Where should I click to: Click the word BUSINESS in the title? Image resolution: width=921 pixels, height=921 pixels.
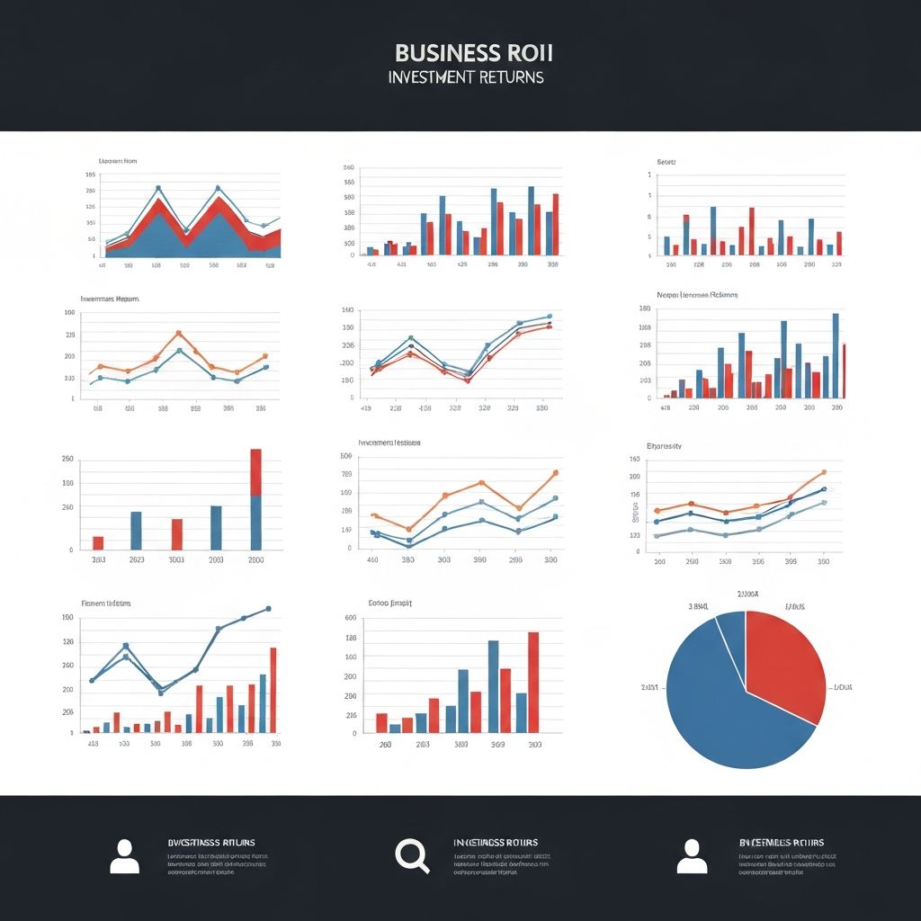435,52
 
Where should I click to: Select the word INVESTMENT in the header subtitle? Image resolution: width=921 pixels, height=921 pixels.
430,77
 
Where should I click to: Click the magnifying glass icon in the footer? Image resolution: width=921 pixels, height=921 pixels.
412,855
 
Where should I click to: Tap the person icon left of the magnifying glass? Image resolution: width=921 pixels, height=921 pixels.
125,856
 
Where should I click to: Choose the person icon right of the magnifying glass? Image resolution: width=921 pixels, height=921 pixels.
692,856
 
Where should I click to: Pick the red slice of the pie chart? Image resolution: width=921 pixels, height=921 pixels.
782,661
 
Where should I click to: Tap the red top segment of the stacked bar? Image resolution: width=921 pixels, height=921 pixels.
256,471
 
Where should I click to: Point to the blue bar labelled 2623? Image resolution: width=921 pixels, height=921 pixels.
137,530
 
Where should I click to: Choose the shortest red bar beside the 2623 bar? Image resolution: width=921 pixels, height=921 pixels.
98,542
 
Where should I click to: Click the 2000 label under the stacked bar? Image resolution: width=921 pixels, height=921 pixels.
255,559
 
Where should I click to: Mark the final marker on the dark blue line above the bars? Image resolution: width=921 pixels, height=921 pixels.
268,609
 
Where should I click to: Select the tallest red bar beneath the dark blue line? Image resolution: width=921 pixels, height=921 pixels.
273,690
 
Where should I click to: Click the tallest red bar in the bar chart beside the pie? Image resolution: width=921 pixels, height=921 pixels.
532,682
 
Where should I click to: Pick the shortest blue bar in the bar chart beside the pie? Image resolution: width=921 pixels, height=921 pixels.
395,728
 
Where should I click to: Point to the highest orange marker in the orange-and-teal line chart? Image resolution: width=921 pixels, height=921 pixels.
178,333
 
